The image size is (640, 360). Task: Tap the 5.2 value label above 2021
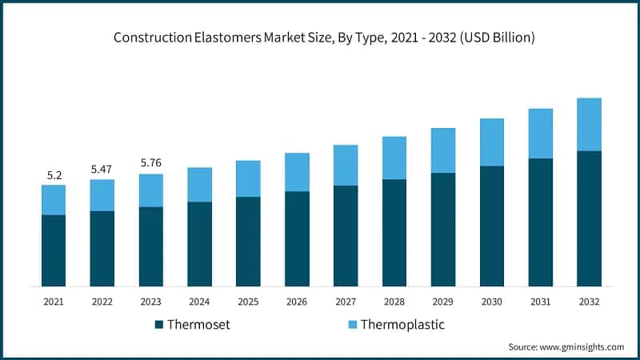pos(54,174)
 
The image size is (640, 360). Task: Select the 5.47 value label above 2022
pos(102,169)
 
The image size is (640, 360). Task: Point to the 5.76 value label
pos(150,162)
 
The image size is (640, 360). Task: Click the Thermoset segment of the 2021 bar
pos(54,250)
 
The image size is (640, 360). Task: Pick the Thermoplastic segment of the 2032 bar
pos(590,124)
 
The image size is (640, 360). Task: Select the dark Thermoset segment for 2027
pos(346,236)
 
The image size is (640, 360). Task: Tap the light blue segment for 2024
pos(199,184)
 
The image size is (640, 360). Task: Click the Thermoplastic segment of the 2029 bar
pos(443,150)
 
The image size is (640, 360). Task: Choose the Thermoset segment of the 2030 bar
pos(492,226)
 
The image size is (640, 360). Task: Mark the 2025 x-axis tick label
pos(248,302)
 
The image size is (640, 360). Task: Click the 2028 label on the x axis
pos(394,302)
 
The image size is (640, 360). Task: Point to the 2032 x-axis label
pos(590,302)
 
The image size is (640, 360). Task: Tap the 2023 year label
pos(150,302)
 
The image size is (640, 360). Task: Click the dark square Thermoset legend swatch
pos(158,325)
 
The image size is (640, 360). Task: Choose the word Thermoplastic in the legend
pos(402,325)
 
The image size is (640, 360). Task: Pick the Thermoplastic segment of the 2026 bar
pos(297,172)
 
